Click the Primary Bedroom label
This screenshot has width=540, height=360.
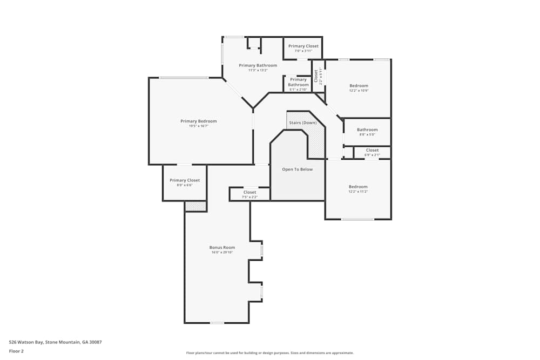tap(198, 121)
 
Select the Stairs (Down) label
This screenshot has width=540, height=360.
tap(303, 123)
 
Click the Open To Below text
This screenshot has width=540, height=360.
tap(297, 169)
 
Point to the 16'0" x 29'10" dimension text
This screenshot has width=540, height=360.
tap(222, 253)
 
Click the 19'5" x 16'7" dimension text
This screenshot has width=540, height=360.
tap(198, 126)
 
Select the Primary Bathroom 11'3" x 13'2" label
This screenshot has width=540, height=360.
tap(258, 66)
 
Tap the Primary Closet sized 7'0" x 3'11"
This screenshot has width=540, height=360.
tap(303, 46)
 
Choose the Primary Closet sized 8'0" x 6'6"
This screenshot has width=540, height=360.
tap(185, 180)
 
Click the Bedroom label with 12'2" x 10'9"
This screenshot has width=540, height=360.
tap(359, 86)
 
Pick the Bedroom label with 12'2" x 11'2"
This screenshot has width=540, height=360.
tap(358, 187)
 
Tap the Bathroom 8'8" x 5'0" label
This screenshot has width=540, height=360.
tap(367, 130)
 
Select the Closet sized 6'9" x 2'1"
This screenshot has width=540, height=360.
tap(372, 151)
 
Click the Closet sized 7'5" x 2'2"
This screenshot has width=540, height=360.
tap(249, 193)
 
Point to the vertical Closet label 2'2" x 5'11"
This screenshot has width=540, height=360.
tap(317, 76)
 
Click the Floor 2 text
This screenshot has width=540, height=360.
tap(16, 351)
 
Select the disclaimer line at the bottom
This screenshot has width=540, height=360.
tap(270, 353)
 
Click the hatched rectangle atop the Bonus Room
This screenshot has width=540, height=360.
tap(195, 206)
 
